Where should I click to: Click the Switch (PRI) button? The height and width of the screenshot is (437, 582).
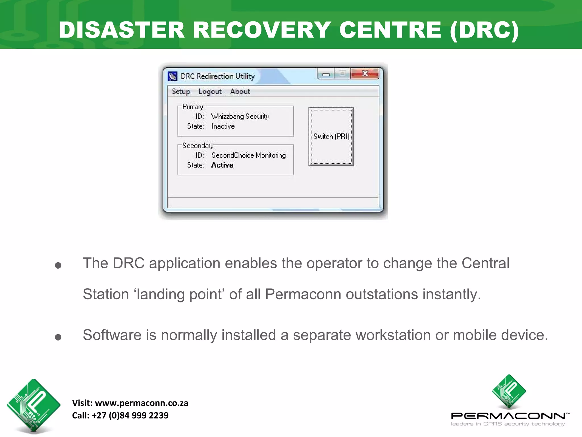click(331, 137)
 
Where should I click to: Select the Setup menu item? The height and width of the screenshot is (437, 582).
click(181, 92)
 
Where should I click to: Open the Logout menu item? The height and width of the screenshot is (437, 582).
click(210, 92)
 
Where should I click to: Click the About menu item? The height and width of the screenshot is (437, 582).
click(240, 92)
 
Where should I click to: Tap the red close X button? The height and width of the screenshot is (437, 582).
click(365, 74)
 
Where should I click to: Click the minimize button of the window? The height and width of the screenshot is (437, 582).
click(326, 74)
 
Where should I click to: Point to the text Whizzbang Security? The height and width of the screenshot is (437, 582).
click(240, 117)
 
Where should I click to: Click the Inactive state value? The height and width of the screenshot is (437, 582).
click(223, 126)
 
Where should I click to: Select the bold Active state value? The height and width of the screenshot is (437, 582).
click(222, 165)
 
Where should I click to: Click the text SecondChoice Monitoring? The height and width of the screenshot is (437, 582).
click(248, 155)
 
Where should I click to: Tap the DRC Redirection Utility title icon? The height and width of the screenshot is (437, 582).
click(172, 76)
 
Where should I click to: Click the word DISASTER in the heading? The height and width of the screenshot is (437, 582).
click(122, 30)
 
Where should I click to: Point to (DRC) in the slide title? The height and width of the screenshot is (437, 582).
click(485, 30)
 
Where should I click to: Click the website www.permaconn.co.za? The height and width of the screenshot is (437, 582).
click(142, 403)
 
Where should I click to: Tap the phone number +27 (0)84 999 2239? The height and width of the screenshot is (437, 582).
click(130, 415)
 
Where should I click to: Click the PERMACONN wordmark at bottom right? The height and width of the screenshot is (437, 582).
click(509, 416)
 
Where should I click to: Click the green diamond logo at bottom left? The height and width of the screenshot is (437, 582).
click(34, 405)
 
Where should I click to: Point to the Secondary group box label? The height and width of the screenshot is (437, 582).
click(198, 146)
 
